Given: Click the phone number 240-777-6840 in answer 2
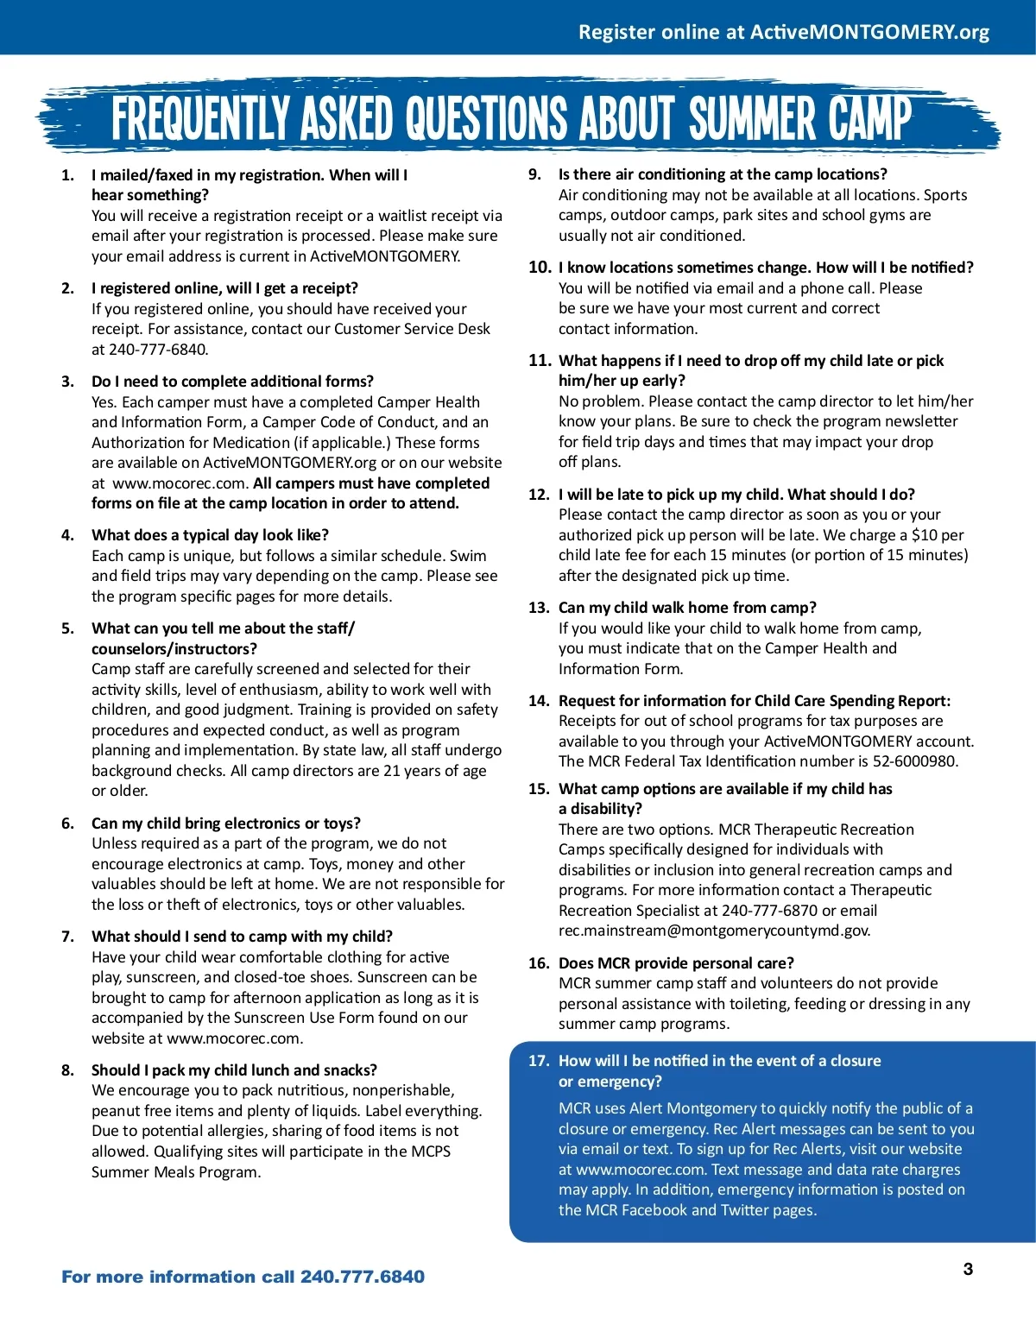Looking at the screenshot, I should (x=158, y=350).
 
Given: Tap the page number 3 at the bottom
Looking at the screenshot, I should (x=968, y=1269).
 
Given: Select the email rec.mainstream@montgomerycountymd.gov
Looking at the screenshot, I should (x=714, y=931).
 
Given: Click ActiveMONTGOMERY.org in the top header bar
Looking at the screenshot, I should (x=869, y=32).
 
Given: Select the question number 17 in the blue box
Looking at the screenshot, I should (x=539, y=1061).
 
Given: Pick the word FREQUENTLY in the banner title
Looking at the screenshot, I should (x=202, y=119).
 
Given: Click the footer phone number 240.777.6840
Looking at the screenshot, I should (x=363, y=1277).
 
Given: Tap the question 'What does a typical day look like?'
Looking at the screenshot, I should (x=210, y=535).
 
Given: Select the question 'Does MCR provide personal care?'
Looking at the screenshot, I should (x=676, y=963).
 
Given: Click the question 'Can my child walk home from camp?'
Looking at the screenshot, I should (x=687, y=608).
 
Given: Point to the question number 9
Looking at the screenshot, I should (x=535, y=174).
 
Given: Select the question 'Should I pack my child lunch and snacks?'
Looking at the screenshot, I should (x=234, y=1070).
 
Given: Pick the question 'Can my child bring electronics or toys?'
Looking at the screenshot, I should (x=226, y=823).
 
